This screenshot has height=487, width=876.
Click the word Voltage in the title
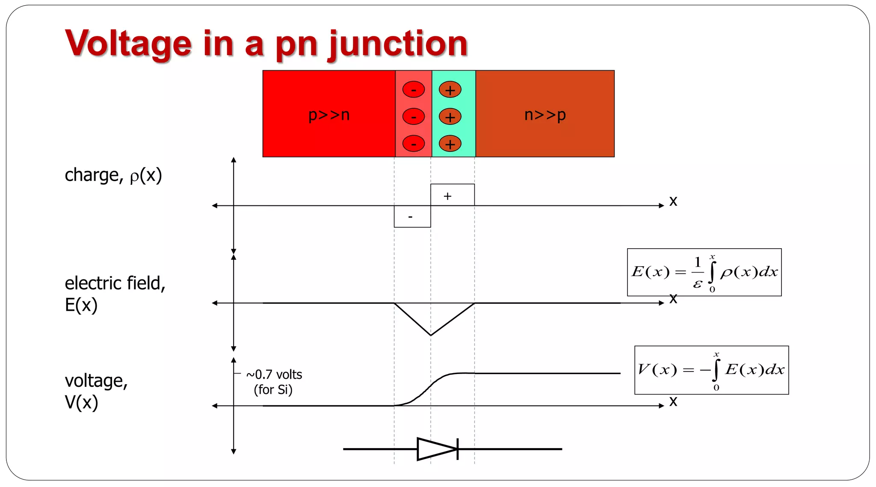[x=128, y=44]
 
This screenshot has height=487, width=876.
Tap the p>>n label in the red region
[x=329, y=115]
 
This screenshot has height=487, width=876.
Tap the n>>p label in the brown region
[x=545, y=115]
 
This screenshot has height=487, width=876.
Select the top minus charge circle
[x=414, y=90]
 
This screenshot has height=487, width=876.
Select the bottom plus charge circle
[x=450, y=144]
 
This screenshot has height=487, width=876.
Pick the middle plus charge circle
[x=450, y=117]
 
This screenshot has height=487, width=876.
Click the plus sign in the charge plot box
[x=447, y=196]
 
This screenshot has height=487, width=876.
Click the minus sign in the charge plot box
[x=410, y=217]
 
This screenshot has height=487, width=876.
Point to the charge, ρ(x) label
[x=113, y=175]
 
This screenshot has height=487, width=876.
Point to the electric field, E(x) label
[x=115, y=294]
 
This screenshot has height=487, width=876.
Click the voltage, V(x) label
[x=96, y=391]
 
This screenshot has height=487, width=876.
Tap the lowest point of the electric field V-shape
[x=431, y=335]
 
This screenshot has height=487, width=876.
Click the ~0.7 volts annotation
[x=274, y=374]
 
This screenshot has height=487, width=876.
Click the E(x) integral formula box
[x=704, y=272]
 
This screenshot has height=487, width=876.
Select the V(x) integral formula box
[x=711, y=370]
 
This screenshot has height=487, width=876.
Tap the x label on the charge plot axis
[x=673, y=201]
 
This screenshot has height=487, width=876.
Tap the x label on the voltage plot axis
[x=673, y=401]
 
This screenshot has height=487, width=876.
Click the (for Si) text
[x=273, y=390]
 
